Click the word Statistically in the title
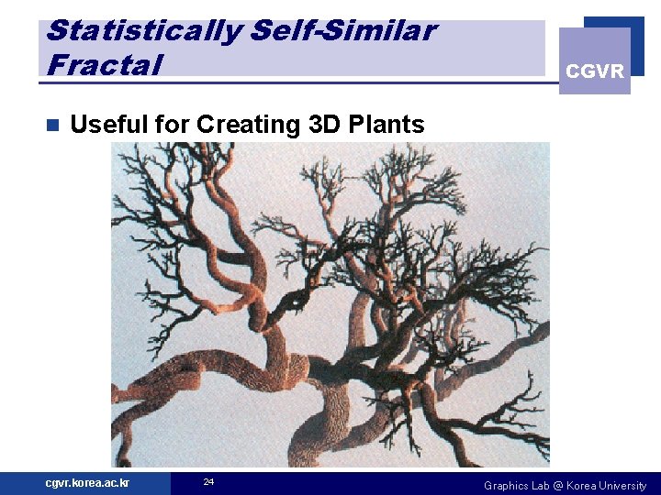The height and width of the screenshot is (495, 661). tap(143, 30)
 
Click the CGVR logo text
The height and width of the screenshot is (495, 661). tap(594, 71)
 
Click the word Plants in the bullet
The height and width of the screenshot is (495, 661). tap(387, 124)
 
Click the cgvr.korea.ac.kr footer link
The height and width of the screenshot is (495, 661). tap(88, 483)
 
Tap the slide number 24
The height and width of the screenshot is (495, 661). tap(208, 482)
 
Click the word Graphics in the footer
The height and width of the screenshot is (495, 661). tap(506, 485)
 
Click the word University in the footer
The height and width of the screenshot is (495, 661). tap(625, 485)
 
